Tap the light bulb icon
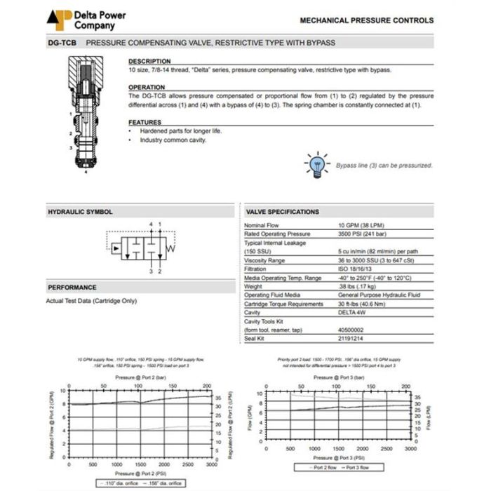point(316,164)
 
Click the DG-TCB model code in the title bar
point(62,43)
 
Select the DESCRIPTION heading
point(149,61)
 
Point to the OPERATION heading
point(147,88)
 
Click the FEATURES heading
point(145,123)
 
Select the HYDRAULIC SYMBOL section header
point(80,212)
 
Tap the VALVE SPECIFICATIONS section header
point(283,212)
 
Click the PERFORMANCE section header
point(72,288)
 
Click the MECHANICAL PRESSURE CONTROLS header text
point(366,21)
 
